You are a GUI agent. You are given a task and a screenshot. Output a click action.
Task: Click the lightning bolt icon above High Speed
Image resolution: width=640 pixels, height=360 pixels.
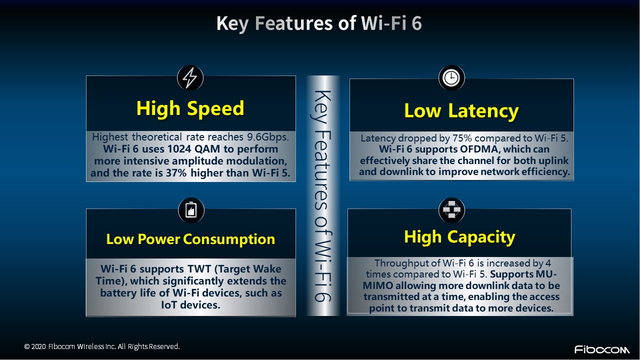pyautogui.click(x=190, y=77)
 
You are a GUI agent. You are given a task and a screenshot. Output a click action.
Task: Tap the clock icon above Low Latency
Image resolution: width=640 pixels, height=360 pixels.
pyautogui.click(x=451, y=77)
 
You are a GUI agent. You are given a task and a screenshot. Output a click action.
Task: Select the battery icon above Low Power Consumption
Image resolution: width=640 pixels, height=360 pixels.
pyautogui.click(x=191, y=210)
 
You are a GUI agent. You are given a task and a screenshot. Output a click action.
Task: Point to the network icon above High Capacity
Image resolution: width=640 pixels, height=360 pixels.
pyautogui.click(x=451, y=210)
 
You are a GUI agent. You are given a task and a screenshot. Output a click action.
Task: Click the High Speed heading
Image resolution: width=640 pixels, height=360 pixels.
pyautogui.click(x=190, y=109)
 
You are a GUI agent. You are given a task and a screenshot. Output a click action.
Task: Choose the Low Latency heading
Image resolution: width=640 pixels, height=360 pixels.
pyautogui.click(x=461, y=111)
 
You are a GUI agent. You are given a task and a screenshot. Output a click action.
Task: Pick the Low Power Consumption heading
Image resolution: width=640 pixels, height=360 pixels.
pyautogui.click(x=190, y=239)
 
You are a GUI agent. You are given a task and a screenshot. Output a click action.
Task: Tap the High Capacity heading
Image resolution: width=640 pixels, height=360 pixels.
pyautogui.click(x=459, y=237)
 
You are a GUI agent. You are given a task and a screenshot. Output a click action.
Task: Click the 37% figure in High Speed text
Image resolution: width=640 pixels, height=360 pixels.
pyautogui.click(x=176, y=173)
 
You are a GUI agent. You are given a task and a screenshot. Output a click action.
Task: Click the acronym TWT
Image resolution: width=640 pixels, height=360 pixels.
pyautogui.click(x=199, y=269)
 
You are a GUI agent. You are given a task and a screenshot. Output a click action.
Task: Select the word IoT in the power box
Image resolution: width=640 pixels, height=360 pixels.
pyautogui.click(x=168, y=305)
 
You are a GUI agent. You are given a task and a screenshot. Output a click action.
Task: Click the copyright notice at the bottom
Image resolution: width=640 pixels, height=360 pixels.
pyautogui.click(x=101, y=346)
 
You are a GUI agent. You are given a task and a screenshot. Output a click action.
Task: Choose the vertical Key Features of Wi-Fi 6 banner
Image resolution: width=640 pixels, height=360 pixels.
pyautogui.click(x=323, y=195)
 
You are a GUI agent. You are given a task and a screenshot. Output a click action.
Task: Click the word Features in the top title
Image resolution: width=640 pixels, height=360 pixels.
pyautogui.click(x=293, y=23)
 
